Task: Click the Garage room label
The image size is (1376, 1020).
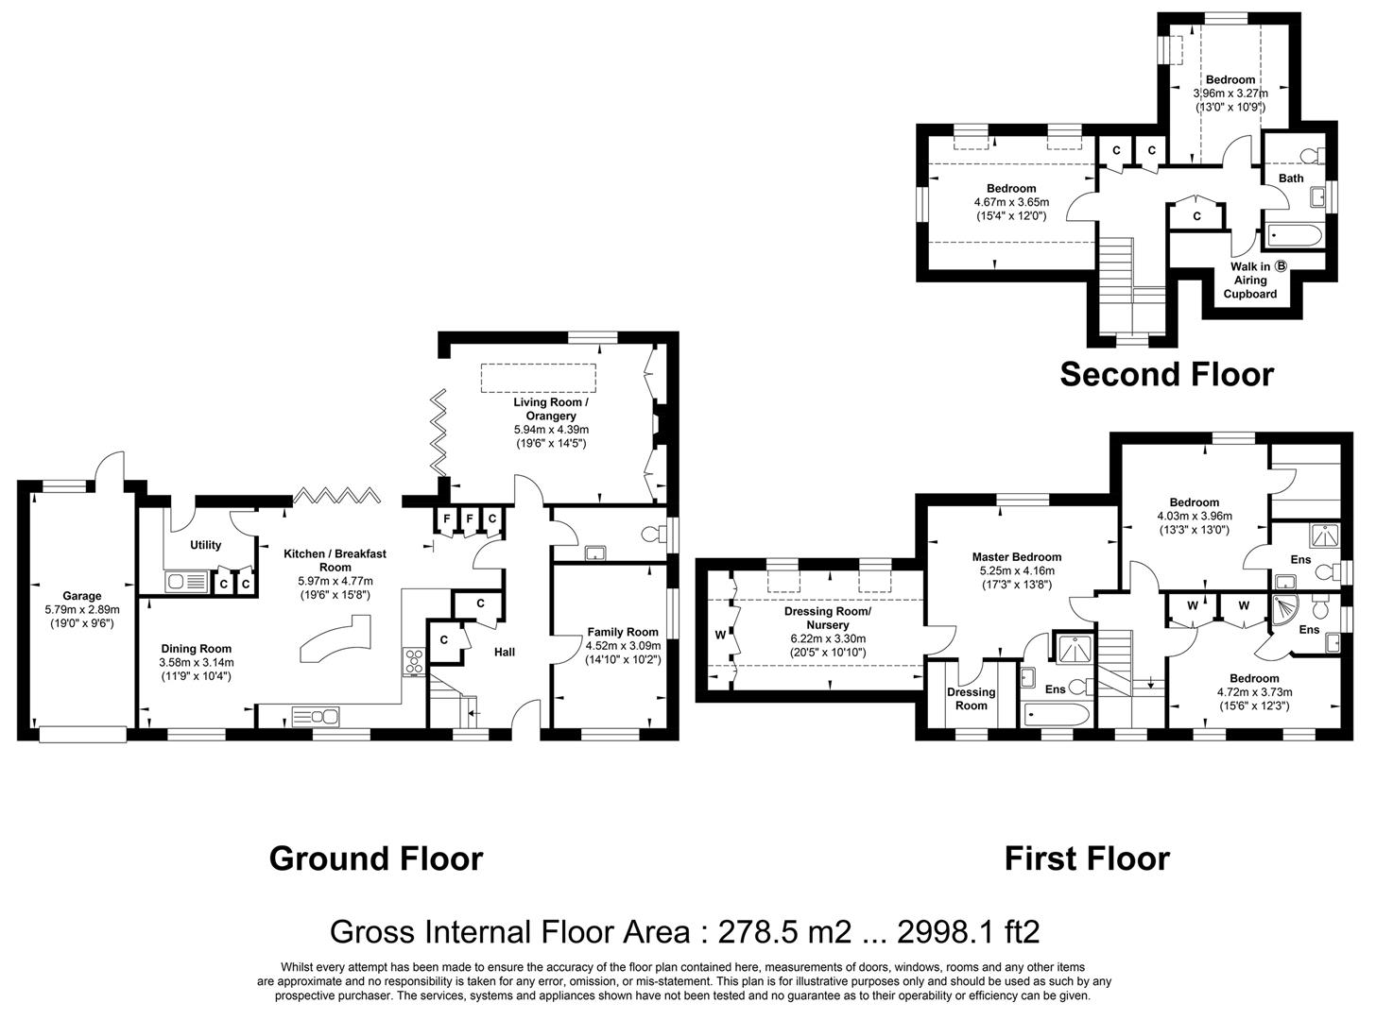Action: click(82, 596)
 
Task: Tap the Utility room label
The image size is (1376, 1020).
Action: click(205, 545)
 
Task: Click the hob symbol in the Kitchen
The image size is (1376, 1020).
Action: click(414, 660)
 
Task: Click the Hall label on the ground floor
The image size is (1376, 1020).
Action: click(505, 652)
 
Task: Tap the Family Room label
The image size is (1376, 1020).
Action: click(622, 632)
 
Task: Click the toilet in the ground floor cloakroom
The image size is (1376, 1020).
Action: click(651, 535)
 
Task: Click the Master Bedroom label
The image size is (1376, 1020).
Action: click(1017, 557)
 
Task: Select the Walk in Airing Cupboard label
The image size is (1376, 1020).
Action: click(1249, 280)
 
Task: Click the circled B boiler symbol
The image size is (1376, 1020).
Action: click(1281, 266)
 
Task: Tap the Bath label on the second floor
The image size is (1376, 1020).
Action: click(1290, 178)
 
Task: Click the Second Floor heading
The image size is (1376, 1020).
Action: click(1166, 374)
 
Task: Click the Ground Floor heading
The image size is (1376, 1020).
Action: click(375, 858)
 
